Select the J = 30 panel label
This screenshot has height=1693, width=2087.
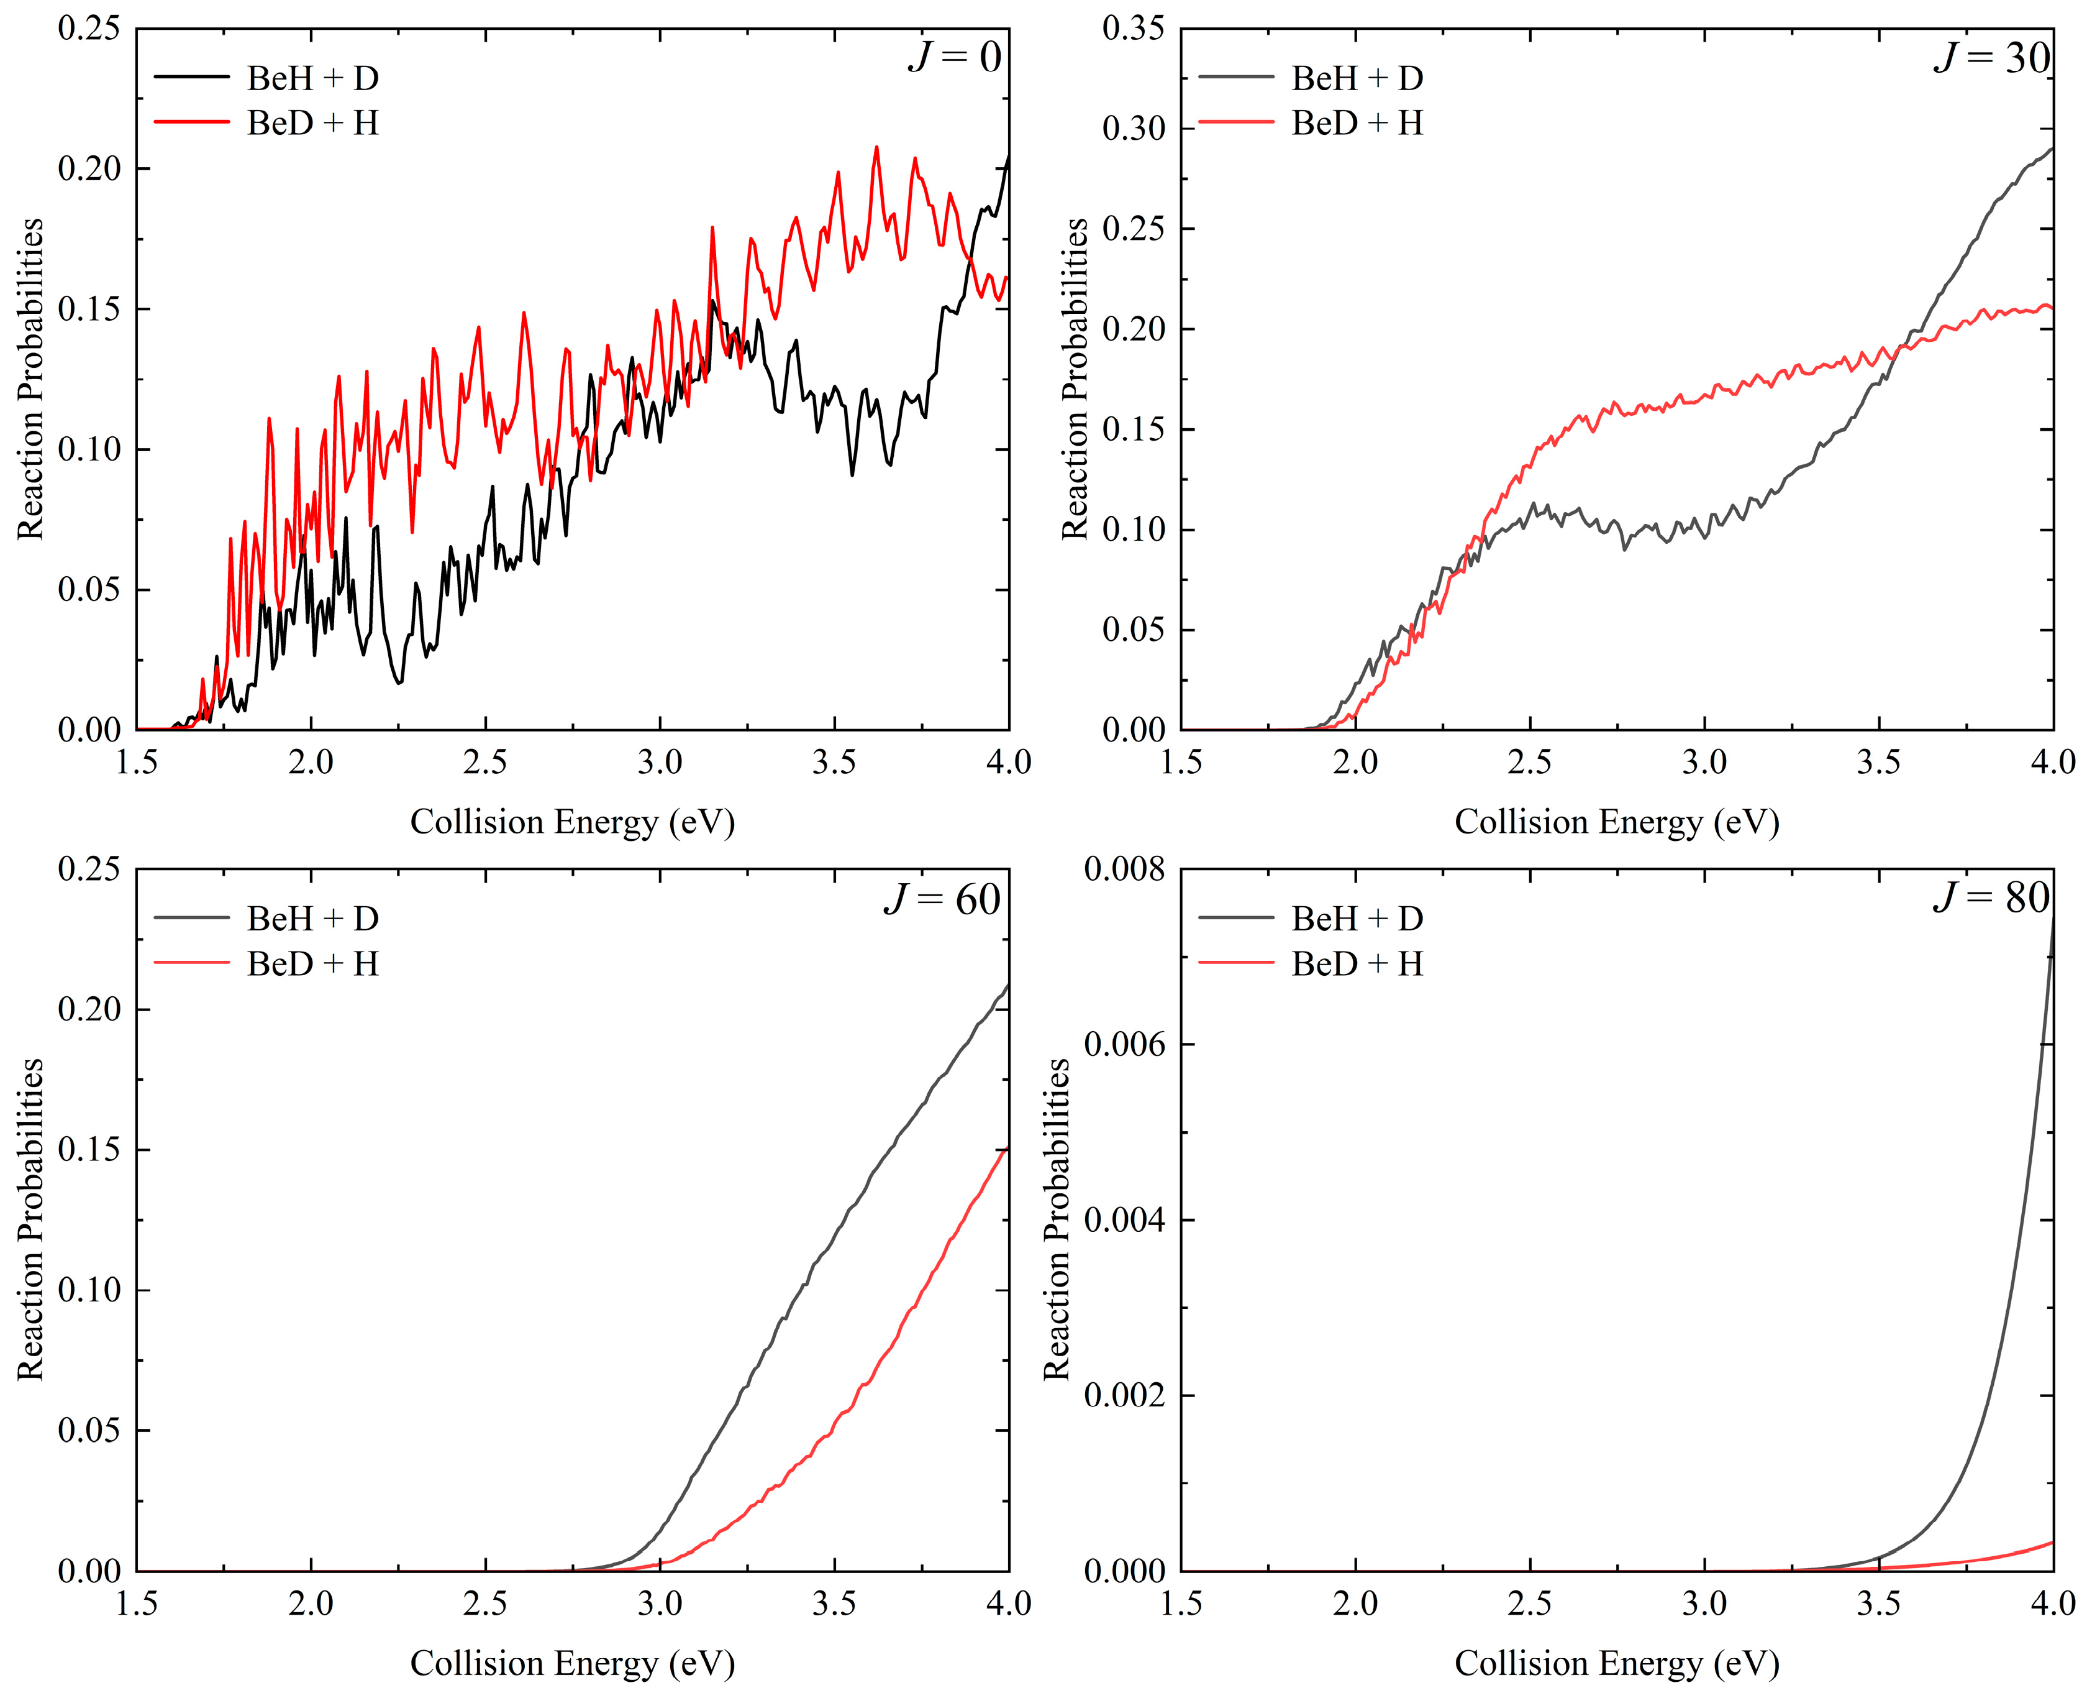click(1991, 58)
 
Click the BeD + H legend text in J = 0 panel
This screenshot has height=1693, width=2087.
click(312, 123)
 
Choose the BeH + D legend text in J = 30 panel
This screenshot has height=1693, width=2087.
click(1357, 78)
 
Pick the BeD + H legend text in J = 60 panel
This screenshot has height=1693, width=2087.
click(312, 963)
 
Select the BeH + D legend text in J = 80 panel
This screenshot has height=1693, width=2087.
click(1357, 918)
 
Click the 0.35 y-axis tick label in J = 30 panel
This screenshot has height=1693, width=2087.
click(1133, 29)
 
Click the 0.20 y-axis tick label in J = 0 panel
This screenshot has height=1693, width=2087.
click(89, 168)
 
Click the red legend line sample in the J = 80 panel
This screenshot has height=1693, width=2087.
click(1236, 963)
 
